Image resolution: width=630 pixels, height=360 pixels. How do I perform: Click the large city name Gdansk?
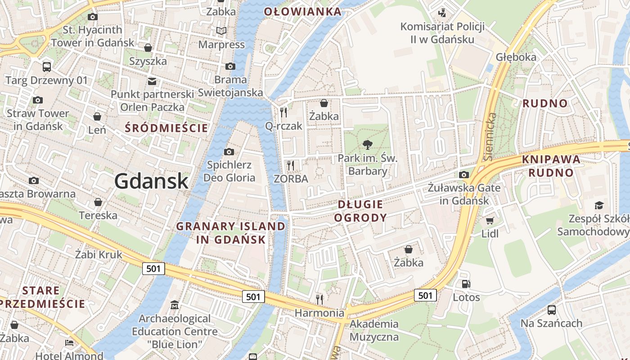tap(151, 181)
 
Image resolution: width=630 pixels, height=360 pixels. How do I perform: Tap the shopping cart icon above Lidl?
tap(490, 220)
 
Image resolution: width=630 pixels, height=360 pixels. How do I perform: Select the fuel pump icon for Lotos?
tap(466, 284)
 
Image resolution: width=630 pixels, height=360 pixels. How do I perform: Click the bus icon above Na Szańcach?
tap(551, 310)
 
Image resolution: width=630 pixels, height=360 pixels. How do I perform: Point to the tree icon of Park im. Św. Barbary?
tap(368, 145)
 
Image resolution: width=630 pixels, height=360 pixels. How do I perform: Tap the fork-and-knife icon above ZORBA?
tap(291, 166)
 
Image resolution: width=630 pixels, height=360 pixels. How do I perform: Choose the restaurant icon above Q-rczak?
tap(283, 112)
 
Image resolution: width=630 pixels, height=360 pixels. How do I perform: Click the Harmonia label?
tap(319, 312)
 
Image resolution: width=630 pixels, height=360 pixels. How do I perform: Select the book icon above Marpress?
tap(221, 31)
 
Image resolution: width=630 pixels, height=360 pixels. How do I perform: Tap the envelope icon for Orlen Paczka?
tap(152, 81)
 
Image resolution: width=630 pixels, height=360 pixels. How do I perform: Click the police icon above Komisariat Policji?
tap(442, 13)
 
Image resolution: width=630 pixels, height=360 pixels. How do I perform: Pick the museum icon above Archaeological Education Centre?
tap(175, 306)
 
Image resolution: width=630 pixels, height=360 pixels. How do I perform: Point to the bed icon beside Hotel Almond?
tap(69, 343)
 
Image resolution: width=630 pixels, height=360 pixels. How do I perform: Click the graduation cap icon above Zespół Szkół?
tap(599, 206)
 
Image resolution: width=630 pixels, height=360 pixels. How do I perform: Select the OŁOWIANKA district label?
tap(303, 12)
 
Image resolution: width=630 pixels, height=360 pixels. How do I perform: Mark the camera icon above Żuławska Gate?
tap(464, 175)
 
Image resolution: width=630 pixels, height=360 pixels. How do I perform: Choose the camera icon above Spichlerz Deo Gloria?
tap(229, 152)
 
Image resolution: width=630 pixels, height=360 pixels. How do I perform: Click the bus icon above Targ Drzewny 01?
tap(46, 67)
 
